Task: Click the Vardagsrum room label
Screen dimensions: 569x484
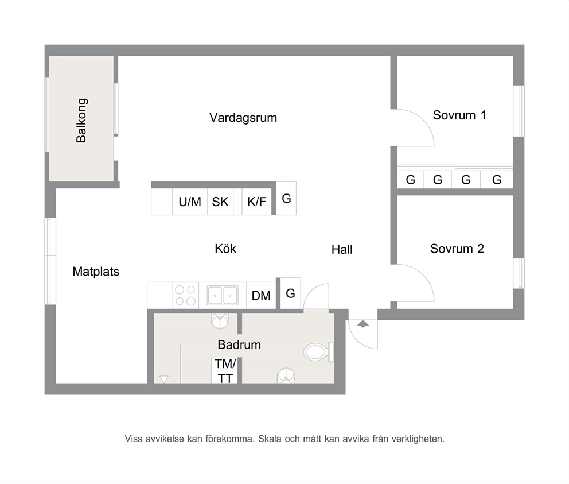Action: pos(243,118)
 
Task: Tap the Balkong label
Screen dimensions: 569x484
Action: pos(81,120)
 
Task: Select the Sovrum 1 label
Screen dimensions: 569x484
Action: pos(459,115)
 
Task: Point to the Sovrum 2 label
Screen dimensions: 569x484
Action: pos(457,249)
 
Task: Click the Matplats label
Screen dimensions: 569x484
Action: pos(96,272)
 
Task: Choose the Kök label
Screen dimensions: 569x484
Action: pos(225,249)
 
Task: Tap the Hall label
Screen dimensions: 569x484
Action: pos(342,250)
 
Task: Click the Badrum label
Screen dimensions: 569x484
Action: pos(239,344)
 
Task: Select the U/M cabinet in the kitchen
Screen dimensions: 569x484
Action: pos(190,202)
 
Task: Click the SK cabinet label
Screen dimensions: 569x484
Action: pos(220,202)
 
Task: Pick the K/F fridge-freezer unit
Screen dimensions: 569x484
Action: pos(256,202)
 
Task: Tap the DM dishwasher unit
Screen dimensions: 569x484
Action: pos(262,296)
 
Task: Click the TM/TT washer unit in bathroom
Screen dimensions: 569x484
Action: pos(225,371)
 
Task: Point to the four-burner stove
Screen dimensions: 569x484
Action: pos(185,296)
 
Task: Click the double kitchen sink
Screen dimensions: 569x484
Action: pos(223,295)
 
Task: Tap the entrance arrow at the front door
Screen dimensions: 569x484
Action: pos(363,323)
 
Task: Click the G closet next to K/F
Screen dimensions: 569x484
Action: pos(286,199)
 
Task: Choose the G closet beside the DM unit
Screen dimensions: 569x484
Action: pos(290,293)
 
